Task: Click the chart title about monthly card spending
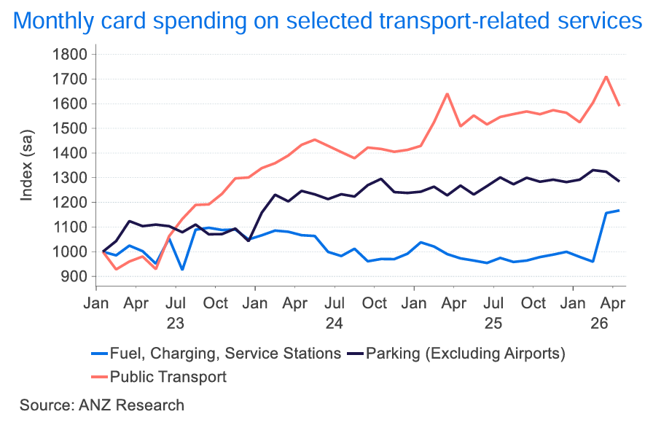coord(327,20)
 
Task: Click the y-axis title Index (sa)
coord(26,165)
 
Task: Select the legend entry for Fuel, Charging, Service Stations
coord(216,354)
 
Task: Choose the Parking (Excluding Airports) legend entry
coord(456,354)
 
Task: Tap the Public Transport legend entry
coord(159,377)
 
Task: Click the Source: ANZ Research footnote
coord(101,405)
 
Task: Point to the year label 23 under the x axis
coord(176,324)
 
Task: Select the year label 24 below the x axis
coord(335,324)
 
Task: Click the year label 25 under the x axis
coord(493,324)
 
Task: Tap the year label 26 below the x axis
coord(599,324)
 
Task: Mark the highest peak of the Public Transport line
coord(606,77)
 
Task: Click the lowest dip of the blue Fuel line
coord(182,270)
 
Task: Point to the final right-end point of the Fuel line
coord(619,211)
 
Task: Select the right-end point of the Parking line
coord(619,181)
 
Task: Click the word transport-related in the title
coord(465,20)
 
